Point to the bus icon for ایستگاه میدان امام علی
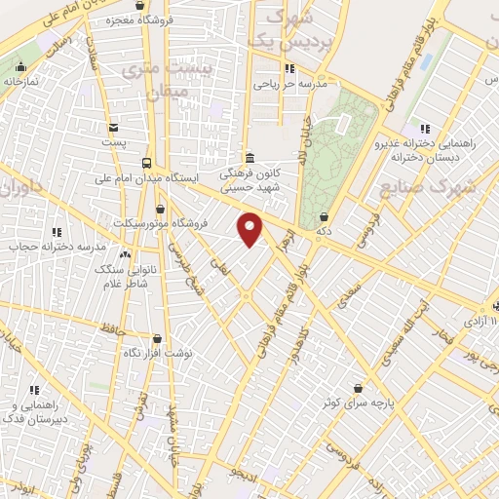(x=146, y=163)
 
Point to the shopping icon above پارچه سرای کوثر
(x=359, y=386)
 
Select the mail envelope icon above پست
(x=114, y=127)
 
